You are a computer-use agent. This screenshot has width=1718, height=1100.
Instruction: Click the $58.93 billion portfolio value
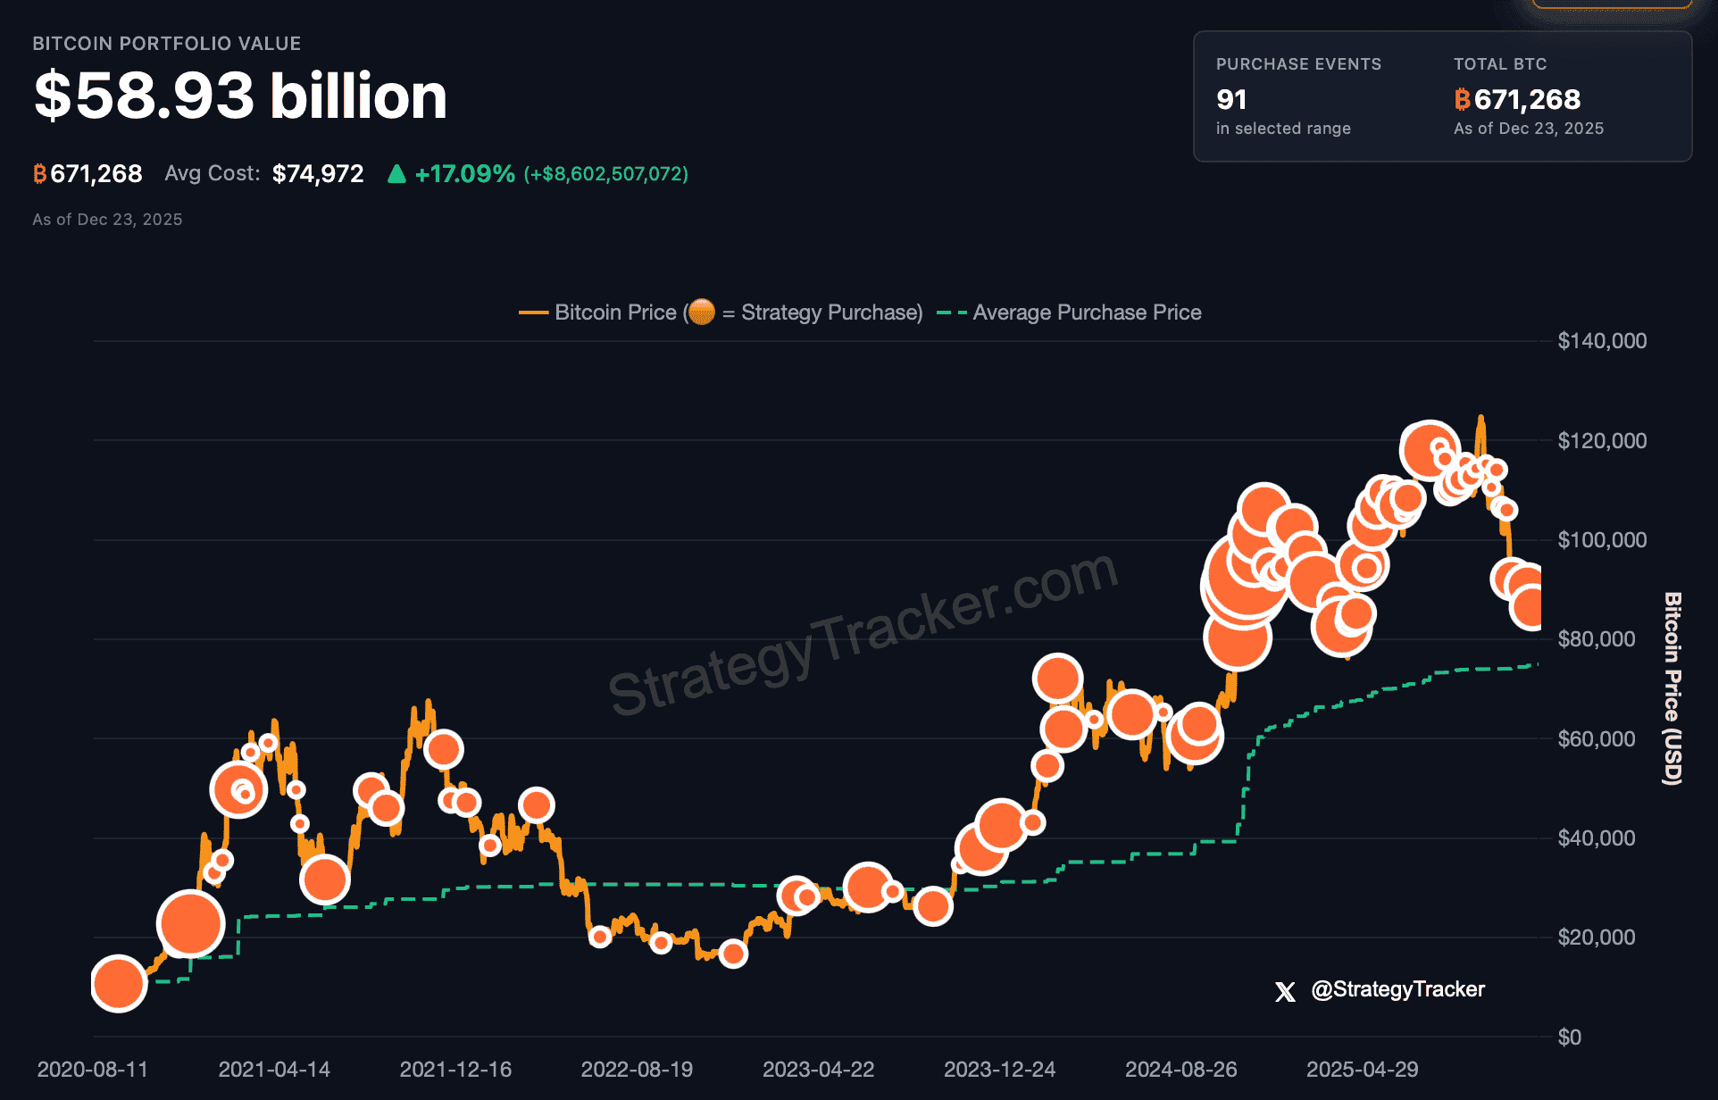[240, 96]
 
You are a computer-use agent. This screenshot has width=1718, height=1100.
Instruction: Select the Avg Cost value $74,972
[318, 173]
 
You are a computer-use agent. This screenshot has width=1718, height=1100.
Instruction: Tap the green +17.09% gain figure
[464, 173]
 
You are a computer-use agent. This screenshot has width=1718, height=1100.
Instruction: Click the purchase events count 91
[1231, 99]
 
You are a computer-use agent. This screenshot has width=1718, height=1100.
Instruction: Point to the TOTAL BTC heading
[1499, 64]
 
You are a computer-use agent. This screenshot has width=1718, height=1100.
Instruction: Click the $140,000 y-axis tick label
[1602, 341]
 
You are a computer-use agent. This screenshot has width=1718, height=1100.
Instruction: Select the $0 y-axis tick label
[1569, 1037]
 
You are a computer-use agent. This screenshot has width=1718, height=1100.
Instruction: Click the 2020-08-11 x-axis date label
[92, 1069]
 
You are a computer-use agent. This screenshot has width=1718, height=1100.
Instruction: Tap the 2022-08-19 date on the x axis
[637, 1069]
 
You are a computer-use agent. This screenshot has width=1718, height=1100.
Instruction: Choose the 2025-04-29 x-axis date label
[1362, 1069]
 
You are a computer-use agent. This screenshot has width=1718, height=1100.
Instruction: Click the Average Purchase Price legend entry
[1086, 312]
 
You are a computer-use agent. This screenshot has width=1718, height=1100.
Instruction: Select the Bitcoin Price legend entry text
[615, 312]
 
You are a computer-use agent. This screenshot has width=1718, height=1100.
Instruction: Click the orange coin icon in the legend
[702, 312]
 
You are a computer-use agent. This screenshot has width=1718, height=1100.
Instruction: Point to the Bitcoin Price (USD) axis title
[1672, 688]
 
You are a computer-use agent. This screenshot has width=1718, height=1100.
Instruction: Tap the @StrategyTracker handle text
[1397, 989]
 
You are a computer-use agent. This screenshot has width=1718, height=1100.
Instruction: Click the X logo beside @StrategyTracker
[1285, 991]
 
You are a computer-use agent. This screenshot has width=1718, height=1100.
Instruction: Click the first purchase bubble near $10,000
[119, 983]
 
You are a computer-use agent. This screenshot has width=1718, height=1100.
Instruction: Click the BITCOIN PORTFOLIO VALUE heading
[166, 44]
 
